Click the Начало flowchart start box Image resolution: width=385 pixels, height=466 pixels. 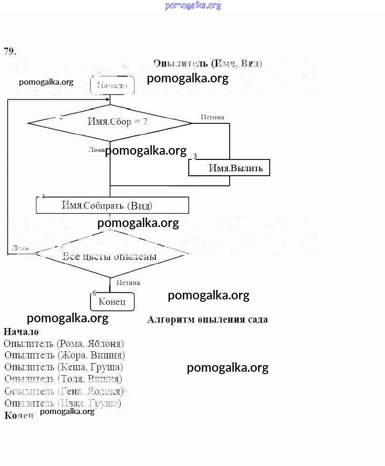[112, 86]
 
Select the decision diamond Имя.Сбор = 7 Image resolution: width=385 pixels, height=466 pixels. [110, 122]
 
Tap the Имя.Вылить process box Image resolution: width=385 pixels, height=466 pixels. [229, 168]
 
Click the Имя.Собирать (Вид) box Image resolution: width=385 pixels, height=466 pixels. [112, 206]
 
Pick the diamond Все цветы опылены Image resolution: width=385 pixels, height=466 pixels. [110, 256]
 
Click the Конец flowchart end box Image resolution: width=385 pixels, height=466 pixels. [112, 302]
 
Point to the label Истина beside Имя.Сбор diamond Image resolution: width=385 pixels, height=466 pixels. [212, 117]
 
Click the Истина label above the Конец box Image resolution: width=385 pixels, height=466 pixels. [128, 282]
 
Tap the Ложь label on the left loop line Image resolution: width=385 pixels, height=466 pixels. [20, 248]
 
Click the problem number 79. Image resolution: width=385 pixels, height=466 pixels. [10, 51]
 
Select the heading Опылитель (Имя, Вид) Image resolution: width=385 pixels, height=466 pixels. [208, 63]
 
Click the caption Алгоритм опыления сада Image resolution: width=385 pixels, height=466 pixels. [207, 319]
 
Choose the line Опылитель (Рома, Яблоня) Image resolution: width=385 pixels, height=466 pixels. [64, 343]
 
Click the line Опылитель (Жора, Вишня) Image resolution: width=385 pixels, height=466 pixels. [65, 355]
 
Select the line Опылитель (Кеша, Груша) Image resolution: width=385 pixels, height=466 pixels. [64, 367]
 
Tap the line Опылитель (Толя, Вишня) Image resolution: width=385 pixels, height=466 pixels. [63, 379]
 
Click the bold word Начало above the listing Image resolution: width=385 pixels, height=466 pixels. [21, 331]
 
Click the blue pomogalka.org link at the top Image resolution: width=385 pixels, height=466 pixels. [193, 6]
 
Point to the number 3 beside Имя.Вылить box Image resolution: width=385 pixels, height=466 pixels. [195, 156]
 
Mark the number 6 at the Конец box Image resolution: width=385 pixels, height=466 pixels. [94, 293]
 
